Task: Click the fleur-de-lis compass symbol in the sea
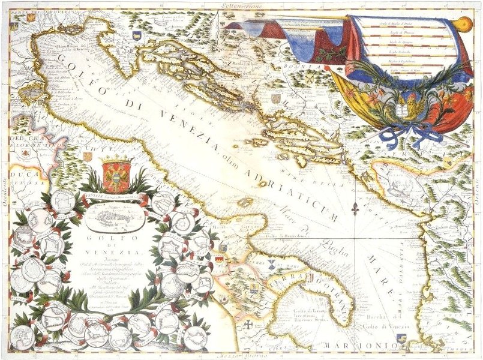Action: [356, 211]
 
